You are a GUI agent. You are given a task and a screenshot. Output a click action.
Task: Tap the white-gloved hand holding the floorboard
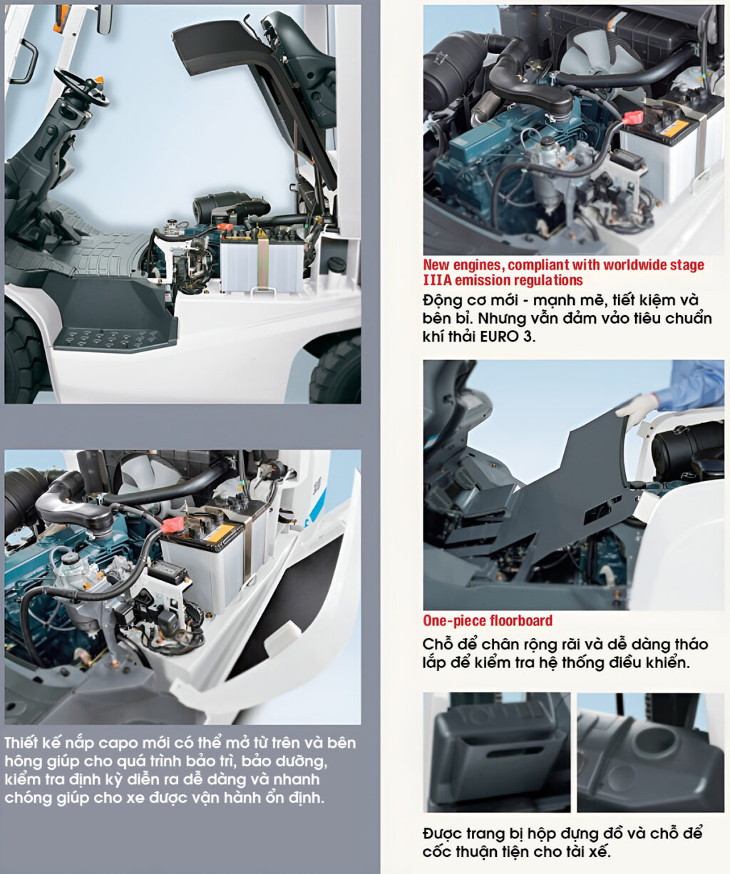point(637,410)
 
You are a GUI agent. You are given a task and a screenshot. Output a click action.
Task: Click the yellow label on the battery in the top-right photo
point(674,128)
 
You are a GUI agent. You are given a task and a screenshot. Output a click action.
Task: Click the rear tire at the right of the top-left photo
point(337,369)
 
